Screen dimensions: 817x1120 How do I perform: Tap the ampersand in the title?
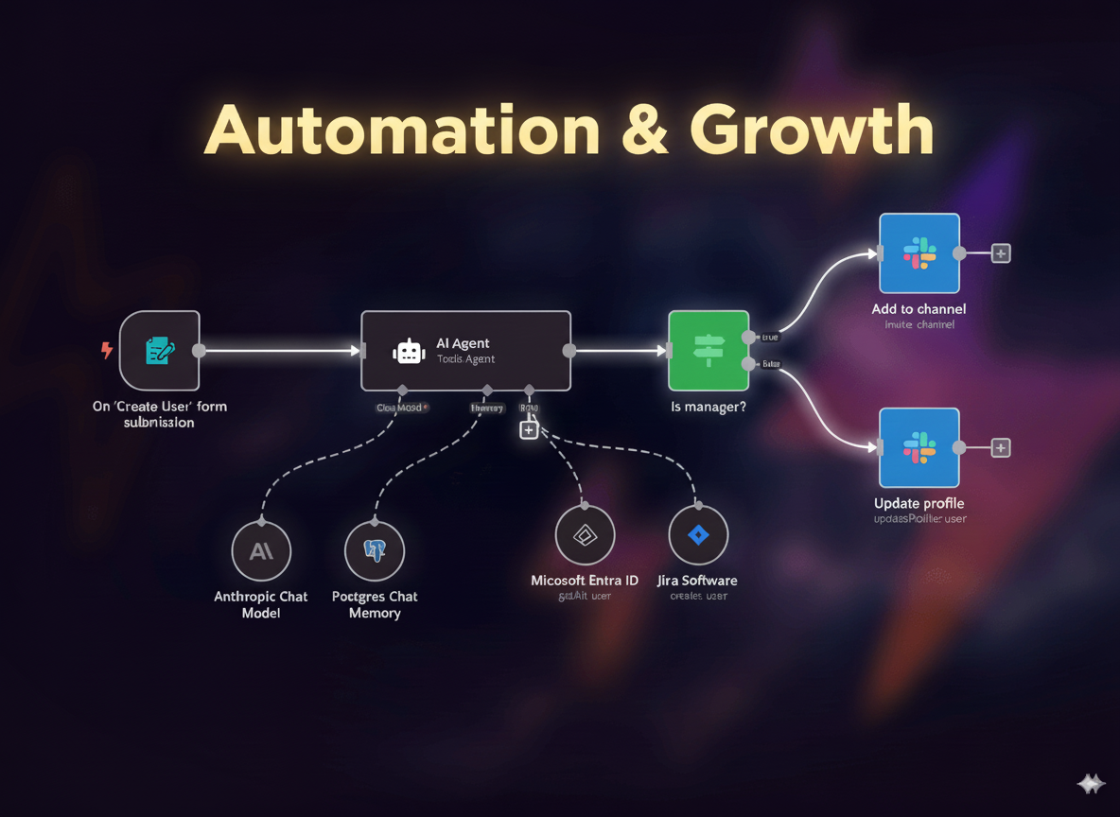[x=645, y=130]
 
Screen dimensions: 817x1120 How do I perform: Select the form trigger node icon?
[x=160, y=350]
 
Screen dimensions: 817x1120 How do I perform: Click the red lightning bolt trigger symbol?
[x=107, y=351]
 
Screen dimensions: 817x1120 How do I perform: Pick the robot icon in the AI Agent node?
[x=409, y=352]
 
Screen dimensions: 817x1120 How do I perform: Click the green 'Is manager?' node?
[x=709, y=350]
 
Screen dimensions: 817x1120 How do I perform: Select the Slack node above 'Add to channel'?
[x=919, y=252]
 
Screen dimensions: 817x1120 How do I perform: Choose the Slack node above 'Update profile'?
[x=919, y=447]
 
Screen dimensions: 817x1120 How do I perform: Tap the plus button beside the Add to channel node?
[x=1000, y=253]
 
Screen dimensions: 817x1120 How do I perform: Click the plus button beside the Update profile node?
[x=1000, y=448]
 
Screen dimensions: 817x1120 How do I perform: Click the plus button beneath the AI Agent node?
[x=529, y=430]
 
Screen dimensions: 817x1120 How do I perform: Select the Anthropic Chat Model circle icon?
[x=261, y=550]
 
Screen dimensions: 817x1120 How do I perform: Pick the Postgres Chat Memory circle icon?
[x=375, y=550]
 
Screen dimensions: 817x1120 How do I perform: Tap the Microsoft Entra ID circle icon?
[x=585, y=535]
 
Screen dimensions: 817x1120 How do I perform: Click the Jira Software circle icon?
[x=698, y=535]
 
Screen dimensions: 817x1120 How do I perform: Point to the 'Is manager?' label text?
[x=709, y=407]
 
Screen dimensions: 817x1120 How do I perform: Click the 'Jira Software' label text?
[x=697, y=581]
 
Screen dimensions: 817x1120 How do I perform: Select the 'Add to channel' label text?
[x=919, y=309]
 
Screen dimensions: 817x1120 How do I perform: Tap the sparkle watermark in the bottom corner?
[x=1091, y=784]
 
